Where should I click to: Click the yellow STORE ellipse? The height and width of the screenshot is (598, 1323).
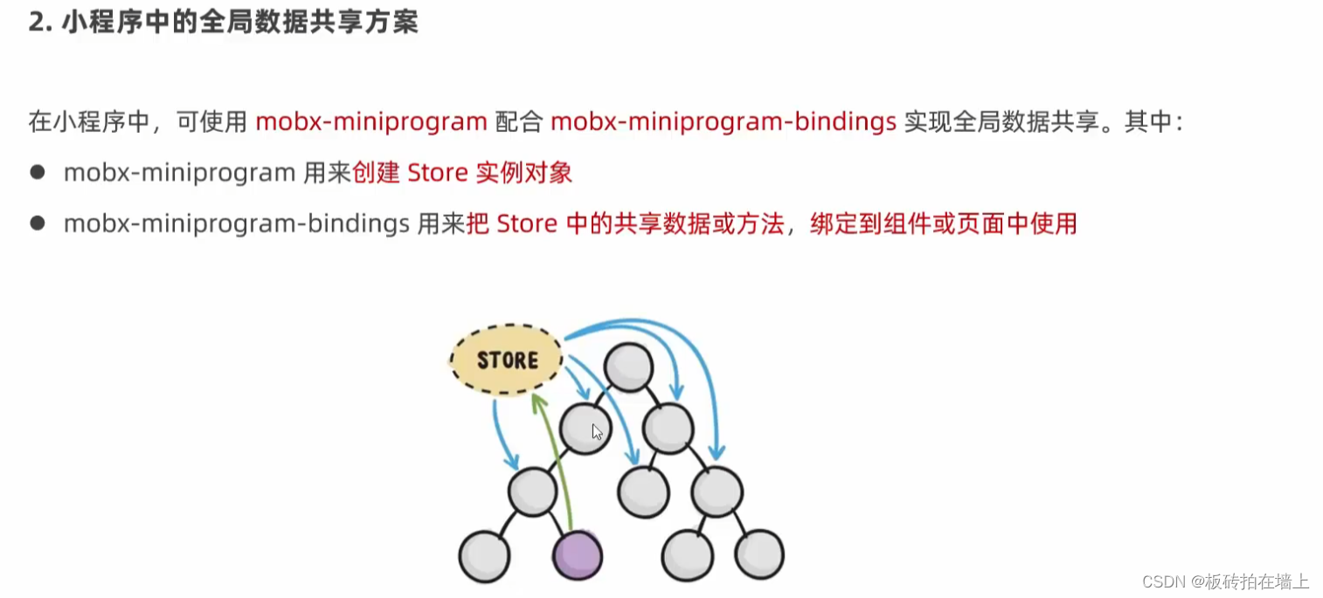coord(507,359)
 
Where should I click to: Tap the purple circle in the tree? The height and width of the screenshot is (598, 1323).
coord(578,555)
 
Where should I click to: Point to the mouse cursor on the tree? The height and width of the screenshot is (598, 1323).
coord(597,431)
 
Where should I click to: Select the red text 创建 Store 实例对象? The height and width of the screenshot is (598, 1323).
coord(462,173)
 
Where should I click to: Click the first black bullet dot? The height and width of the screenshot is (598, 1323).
coord(37,172)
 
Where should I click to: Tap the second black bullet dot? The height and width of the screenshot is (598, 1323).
coord(37,224)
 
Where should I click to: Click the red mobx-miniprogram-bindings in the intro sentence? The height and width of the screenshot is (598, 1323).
coord(724,122)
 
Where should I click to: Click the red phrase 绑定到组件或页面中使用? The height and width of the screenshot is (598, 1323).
coord(943,225)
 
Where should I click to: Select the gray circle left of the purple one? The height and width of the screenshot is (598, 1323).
coord(484,555)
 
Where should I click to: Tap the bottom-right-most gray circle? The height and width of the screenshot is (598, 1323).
coord(758,555)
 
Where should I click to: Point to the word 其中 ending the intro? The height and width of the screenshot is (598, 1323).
coord(1147,122)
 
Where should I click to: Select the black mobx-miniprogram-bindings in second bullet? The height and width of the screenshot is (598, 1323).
coord(237,225)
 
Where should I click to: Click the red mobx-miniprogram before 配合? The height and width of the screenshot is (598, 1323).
coord(371,122)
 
